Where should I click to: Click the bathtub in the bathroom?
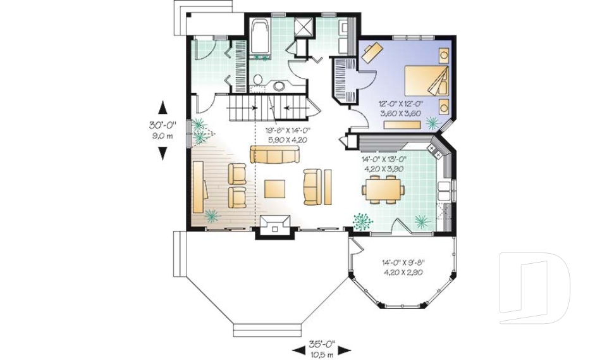tap(260, 37)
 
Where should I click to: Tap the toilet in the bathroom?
tap(258, 79)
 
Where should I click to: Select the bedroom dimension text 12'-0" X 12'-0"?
tap(400, 104)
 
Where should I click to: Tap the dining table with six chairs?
tap(383, 188)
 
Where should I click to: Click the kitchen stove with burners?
tap(435, 150)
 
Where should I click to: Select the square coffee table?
tap(274, 188)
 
